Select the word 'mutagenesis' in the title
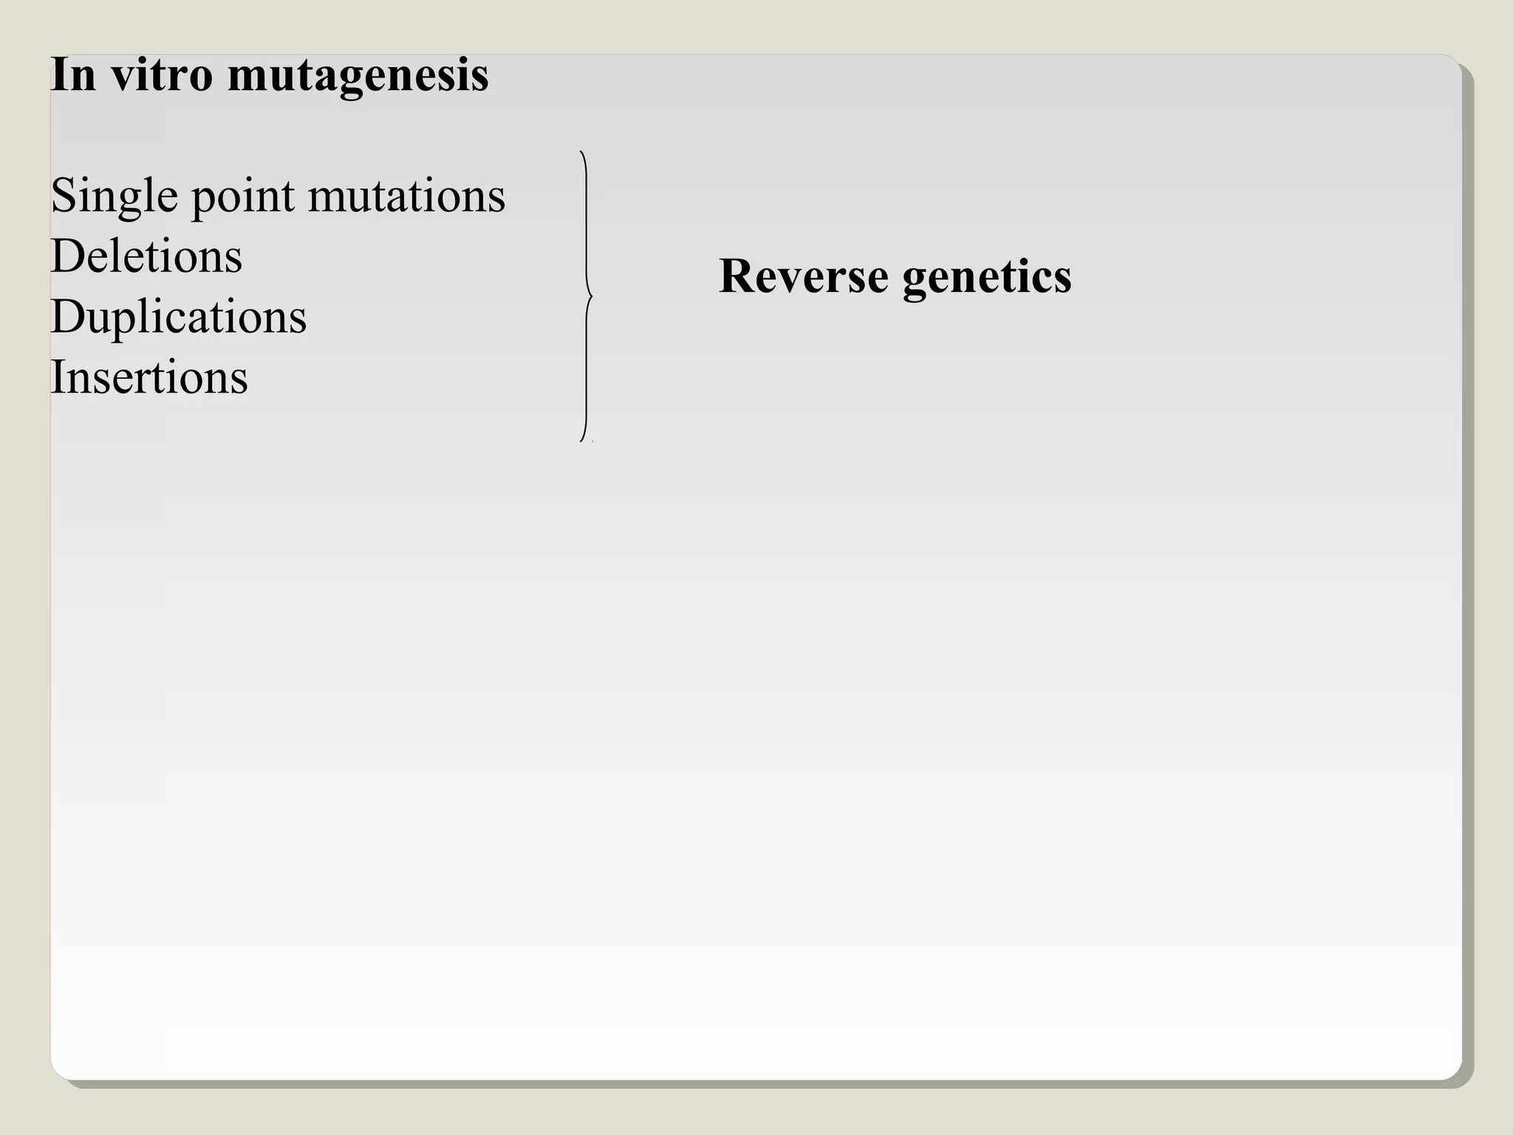358,77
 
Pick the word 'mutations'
406,197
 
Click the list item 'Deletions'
146,256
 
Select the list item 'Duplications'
178,318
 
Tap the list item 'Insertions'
148,378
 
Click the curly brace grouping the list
586,222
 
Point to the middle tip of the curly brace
592,296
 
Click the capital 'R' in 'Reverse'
737,276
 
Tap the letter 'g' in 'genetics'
915,280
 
